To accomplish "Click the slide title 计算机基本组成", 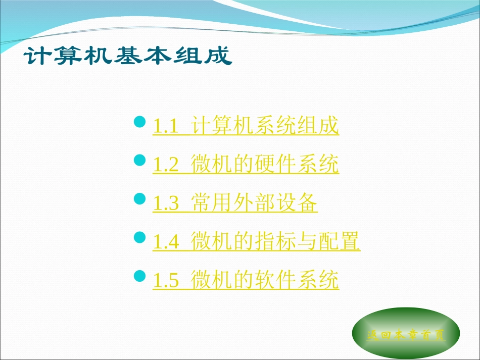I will coord(128,55).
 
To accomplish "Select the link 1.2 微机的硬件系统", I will coord(246,165).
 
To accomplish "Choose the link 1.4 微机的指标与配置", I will coord(256,242).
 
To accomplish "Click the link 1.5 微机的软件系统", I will coord(246,280).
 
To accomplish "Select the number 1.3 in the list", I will coord(166,203).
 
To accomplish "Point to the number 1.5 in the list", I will coord(166,281).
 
